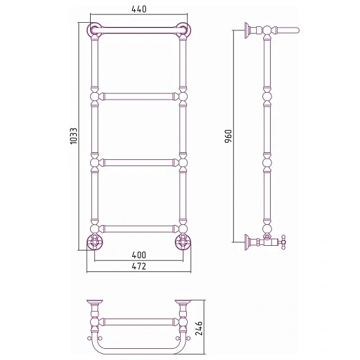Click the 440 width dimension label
coord(139,9)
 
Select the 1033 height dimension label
coord(73,136)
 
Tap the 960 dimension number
coord(228,136)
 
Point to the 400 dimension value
coord(139,255)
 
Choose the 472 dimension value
coord(139,267)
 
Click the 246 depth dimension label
coord(199,328)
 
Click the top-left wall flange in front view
coord(94,30)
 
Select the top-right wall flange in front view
coord(183,30)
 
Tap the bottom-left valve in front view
coord(95,242)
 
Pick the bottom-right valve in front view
coord(183,242)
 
